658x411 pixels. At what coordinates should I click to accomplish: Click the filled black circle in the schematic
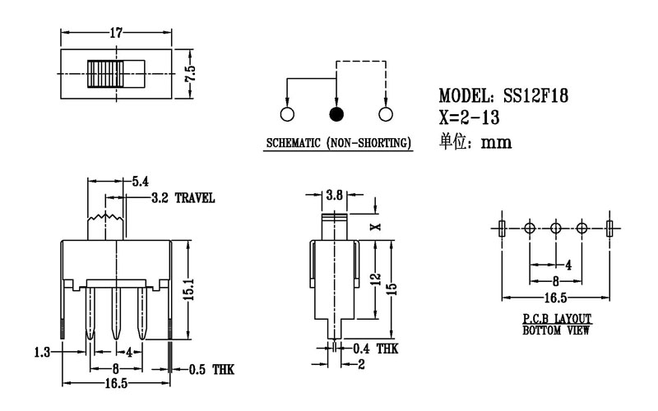(x=336, y=114)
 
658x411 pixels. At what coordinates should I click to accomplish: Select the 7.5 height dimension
(x=191, y=72)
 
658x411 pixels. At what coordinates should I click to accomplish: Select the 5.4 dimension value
(x=140, y=181)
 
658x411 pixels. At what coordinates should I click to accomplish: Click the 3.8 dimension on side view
(x=335, y=195)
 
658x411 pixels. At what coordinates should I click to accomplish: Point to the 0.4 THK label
(x=375, y=349)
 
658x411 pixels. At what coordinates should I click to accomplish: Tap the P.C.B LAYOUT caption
(x=556, y=318)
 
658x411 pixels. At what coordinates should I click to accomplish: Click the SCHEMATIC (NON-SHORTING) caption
(x=338, y=145)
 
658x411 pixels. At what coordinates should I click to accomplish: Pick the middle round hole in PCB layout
(x=555, y=228)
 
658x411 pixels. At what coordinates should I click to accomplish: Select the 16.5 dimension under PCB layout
(x=554, y=297)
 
